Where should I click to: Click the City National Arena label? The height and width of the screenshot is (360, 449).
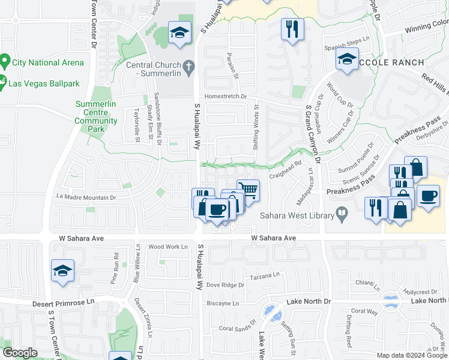click(44, 62)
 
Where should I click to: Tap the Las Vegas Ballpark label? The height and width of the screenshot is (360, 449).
click(44, 83)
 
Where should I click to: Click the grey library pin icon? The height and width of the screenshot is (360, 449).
click(342, 212)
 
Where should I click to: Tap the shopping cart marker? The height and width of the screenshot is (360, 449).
click(248, 190)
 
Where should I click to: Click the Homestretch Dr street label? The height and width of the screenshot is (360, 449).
click(226, 96)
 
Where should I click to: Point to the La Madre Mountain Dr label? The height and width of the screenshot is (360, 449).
click(85, 197)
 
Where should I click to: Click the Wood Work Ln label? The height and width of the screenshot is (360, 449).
click(168, 247)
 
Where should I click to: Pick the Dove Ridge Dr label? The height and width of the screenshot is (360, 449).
click(225, 285)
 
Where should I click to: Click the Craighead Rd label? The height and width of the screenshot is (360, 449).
click(285, 167)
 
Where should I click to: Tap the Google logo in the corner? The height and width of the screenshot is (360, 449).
click(20, 353)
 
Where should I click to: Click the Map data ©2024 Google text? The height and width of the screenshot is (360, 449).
click(411, 355)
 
